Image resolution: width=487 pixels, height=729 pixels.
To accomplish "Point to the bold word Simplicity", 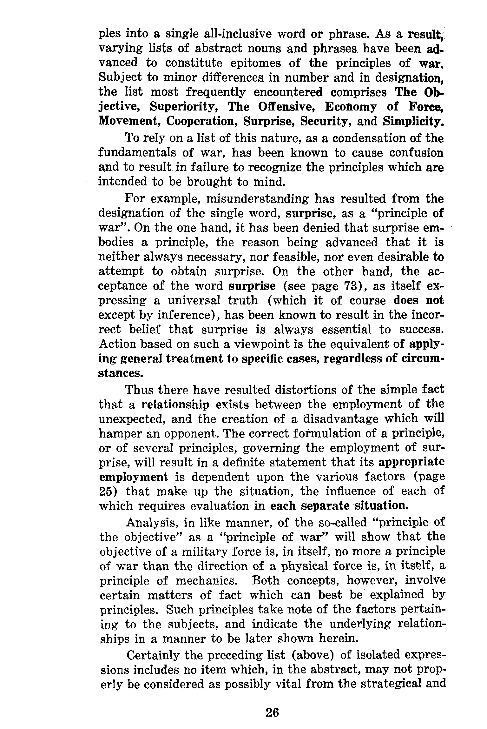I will tap(413, 122).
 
